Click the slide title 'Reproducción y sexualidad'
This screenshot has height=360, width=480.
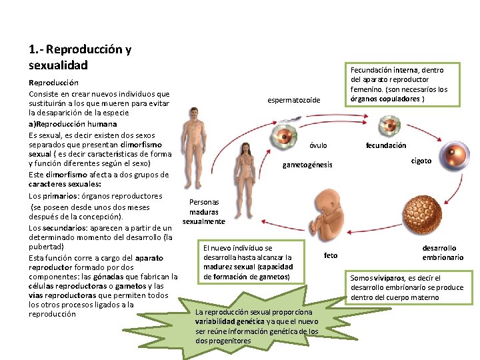click(x=80, y=57)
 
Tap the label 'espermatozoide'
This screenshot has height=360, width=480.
click(x=293, y=100)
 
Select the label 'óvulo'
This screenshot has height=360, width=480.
click(x=319, y=145)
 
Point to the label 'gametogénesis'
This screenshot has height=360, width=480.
click(x=307, y=165)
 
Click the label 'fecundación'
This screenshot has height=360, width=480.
click(x=386, y=145)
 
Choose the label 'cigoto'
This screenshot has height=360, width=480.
click(x=421, y=161)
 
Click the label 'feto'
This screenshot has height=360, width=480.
click(x=331, y=255)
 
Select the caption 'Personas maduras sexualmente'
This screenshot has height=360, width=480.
click(x=204, y=211)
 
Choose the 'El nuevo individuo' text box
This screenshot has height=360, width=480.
click(x=247, y=262)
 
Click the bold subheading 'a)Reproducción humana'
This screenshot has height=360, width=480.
click(x=73, y=124)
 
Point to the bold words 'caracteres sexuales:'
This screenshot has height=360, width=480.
click(x=65, y=185)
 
